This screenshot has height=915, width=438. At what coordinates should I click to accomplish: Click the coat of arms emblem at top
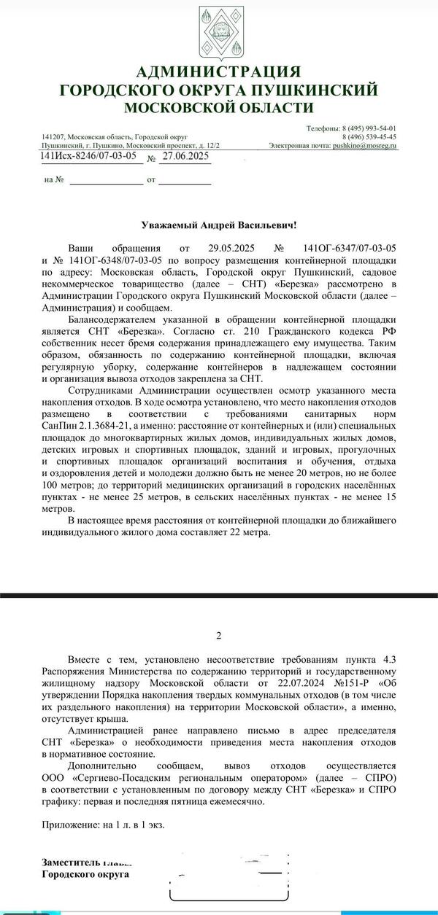click(x=218, y=32)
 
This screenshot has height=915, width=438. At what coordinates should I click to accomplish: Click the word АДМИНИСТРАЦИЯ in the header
click(x=219, y=71)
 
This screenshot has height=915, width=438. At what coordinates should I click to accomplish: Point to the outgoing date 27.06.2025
click(x=186, y=157)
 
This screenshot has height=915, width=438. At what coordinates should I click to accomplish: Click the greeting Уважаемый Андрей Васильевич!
click(x=219, y=227)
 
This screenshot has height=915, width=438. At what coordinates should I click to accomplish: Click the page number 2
click(x=218, y=636)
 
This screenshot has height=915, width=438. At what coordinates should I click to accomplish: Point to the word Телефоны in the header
click(x=322, y=127)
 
